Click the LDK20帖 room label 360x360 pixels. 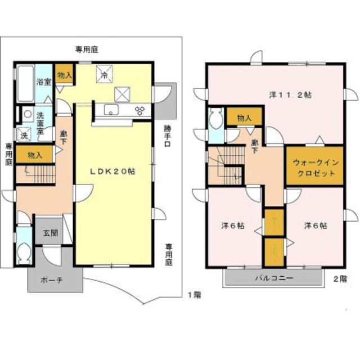point(112,172)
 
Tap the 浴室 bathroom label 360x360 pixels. point(44,82)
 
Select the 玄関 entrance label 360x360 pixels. point(50,233)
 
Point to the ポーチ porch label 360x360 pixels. point(52,280)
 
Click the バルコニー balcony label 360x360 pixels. point(274,278)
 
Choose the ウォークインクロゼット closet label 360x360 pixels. point(316,168)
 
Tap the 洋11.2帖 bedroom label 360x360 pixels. point(290,95)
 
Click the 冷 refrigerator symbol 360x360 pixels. point(105,74)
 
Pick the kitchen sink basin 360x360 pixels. point(111,110)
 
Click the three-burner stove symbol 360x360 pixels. point(140,110)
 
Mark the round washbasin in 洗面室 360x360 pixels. point(28,114)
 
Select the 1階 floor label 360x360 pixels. point(195,295)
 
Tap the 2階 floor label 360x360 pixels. point(340,279)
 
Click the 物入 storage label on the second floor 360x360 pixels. point(244,119)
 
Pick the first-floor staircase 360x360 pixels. point(36,174)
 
